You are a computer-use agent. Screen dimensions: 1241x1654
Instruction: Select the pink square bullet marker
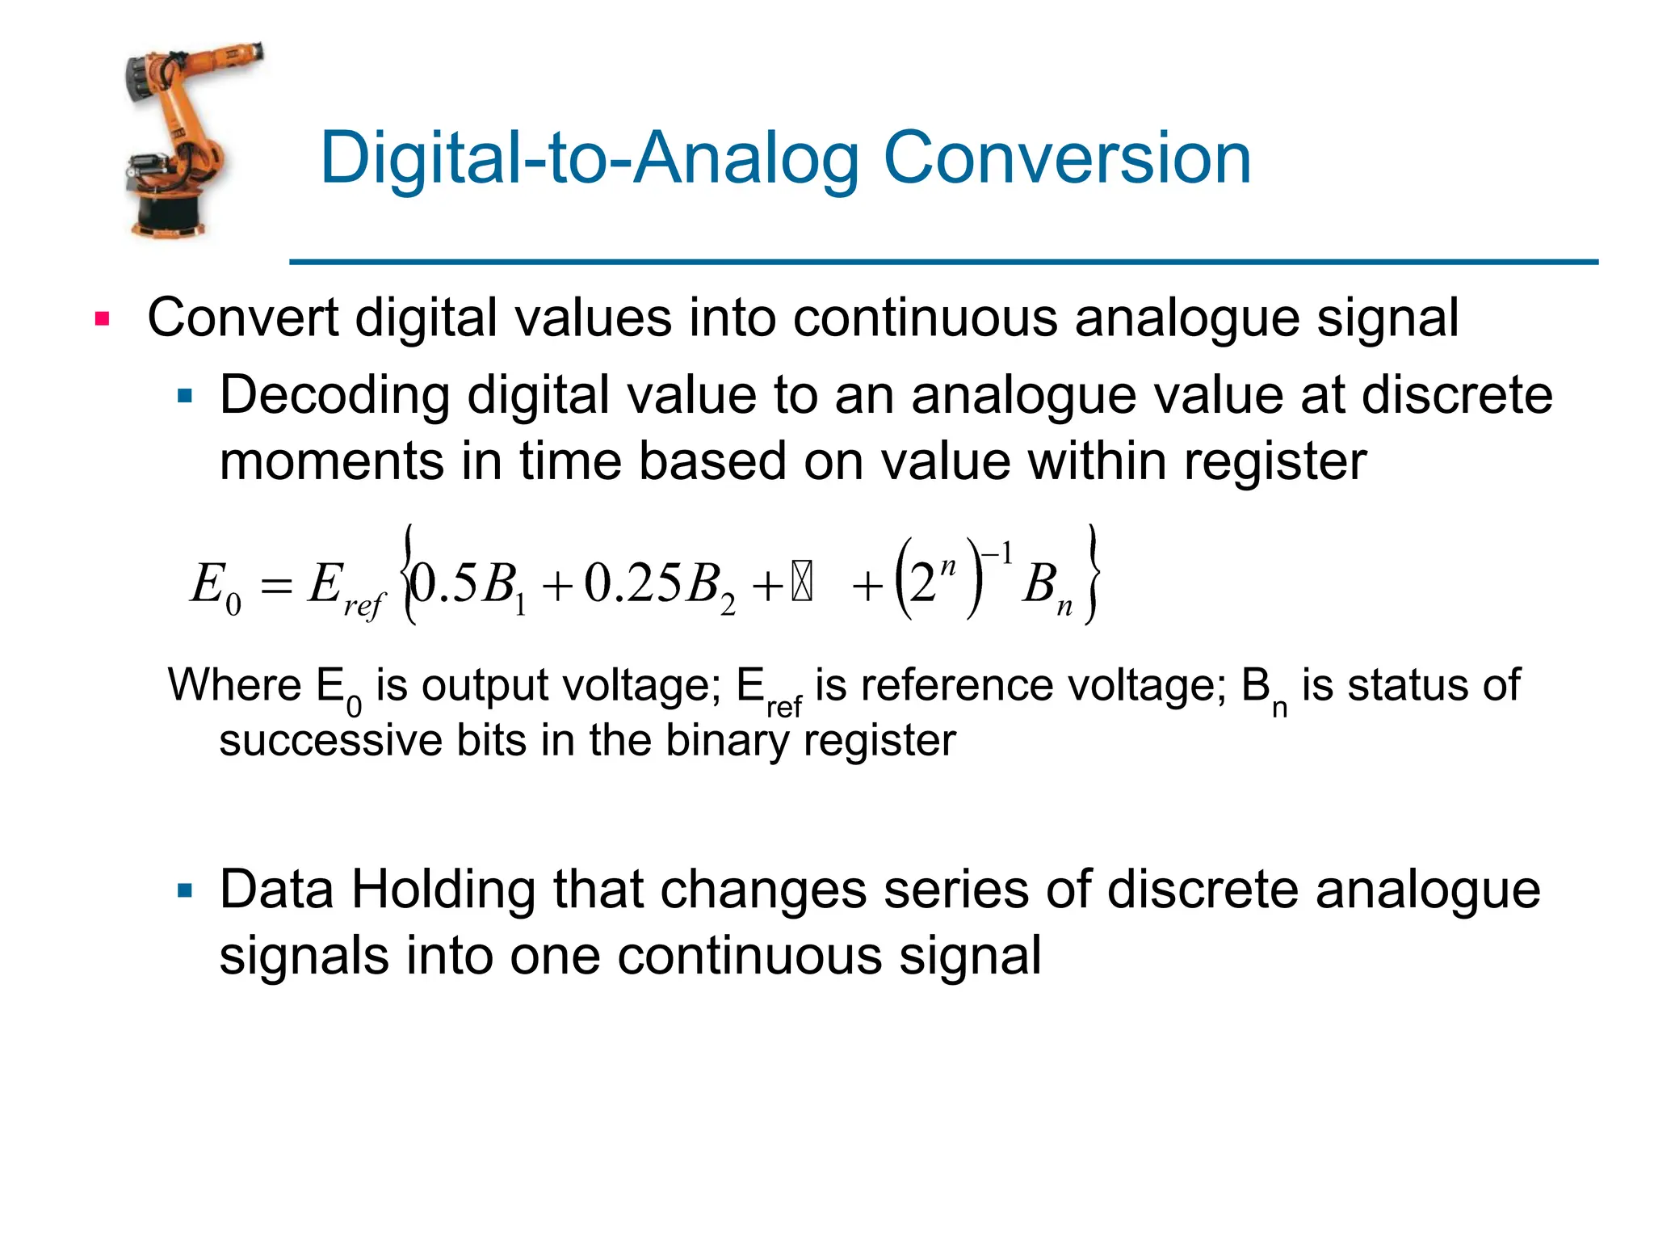(102, 318)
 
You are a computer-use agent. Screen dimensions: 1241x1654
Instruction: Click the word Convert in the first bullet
(242, 318)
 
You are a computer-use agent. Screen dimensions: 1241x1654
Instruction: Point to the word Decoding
(334, 395)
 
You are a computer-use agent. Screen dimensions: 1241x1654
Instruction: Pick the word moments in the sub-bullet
(332, 461)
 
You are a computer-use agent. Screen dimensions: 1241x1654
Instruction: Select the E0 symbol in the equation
(215, 586)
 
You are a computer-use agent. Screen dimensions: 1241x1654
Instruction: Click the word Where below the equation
(234, 685)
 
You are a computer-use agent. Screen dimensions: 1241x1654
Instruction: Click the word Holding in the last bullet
(443, 890)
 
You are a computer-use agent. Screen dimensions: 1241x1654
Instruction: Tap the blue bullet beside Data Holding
(186, 891)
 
